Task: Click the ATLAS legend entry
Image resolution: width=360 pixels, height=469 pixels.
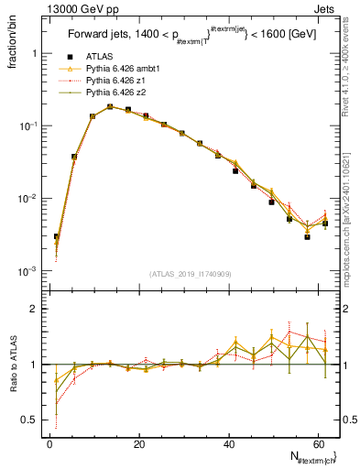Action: (101, 58)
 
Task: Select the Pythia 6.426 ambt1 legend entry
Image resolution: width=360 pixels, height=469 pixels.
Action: (123, 70)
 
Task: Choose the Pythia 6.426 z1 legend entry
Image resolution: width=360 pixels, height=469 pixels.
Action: (115, 82)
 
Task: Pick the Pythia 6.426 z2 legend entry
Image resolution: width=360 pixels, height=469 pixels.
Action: (115, 93)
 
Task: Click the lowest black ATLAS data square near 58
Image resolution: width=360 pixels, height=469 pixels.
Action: (308, 237)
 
